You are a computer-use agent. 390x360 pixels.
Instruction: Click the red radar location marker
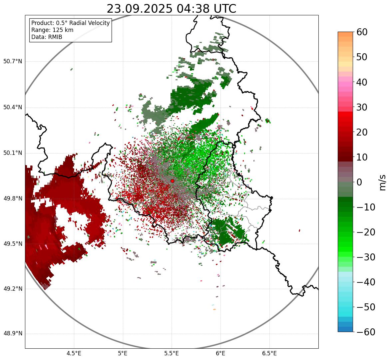[x=172, y=181]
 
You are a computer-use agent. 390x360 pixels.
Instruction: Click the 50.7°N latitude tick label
[x=12, y=62]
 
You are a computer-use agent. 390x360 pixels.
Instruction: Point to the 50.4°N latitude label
[x=12, y=108]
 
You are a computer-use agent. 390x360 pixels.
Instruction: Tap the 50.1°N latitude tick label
[x=12, y=153]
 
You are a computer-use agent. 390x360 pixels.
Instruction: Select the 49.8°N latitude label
[x=12, y=199]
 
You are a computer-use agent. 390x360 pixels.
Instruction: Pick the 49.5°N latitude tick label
[x=12, y=244]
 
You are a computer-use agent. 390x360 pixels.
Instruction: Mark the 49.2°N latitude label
[x=12, y=289]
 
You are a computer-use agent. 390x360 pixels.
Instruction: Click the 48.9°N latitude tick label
[x=12, y=334]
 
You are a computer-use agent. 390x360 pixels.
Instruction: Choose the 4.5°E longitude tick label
[x=74, y=353]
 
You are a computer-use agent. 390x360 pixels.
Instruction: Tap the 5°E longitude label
[x=123, y=353]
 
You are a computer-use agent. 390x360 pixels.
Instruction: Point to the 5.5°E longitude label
[x=172, y=353]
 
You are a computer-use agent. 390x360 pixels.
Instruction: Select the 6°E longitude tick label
[x=220, y=353]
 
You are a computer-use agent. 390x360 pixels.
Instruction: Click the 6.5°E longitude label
[x=269, y=353]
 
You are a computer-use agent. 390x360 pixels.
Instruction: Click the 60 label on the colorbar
[x=362, y=32]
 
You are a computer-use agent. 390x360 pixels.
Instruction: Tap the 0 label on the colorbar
[x=359, y=182]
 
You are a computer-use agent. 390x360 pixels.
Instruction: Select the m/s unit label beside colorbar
[x=383, y=182]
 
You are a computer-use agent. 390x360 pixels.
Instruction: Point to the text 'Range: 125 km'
[x=52, y=30]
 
